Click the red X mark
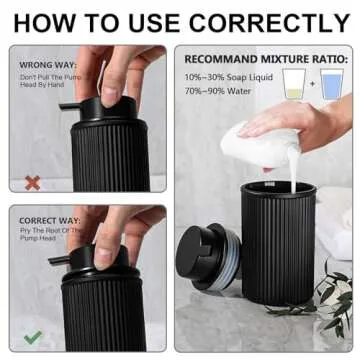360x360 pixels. pyautogui.click(x=32, y=183)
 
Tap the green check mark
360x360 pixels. pyautogui.click(x=32, y=337)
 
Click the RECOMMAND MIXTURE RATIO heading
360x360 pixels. pyautogui.click(x=264, y=59)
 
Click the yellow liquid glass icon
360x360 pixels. pyautogui.click(x=292, y=86)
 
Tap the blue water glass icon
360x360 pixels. pyautogui.click(x=332, y=86)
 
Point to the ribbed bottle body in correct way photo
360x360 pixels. pyautogui.click(x=105, y=315)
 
